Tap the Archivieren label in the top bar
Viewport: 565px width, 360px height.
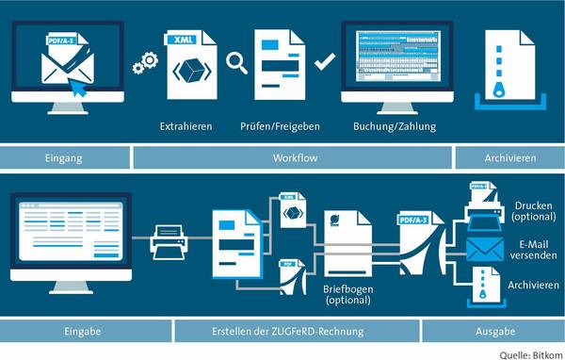point(506,156)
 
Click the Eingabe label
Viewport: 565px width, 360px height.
point(82,331)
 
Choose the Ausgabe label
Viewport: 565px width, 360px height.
point(504,331)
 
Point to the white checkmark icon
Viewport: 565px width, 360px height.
point(325,63)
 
